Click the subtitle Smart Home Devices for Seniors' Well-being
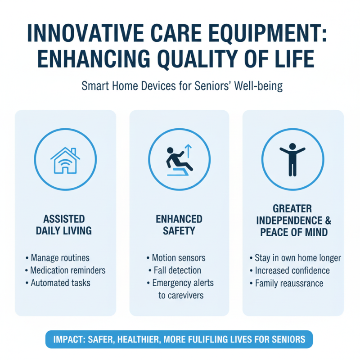click(x=182, y=86)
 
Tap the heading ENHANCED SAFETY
click(x=179, y=225)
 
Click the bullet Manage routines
click(x=60, y=258)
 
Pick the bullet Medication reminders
click(x=67, y=270)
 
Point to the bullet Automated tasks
click(x=60, y=283)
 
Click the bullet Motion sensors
click(x=179, y=258)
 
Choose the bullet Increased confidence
click(x=292, y=270)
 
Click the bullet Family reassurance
click(x=289, y=283)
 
